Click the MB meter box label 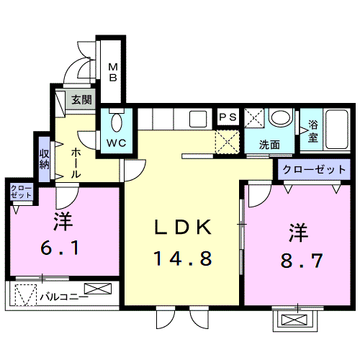point(113,72)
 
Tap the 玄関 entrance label point(82,99)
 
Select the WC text point(117,143)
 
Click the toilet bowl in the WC point(117,122)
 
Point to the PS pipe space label point(228,117)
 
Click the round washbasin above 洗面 point(281,117)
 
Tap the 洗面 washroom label point(269,145)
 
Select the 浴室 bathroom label point(313,131)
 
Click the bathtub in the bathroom point(337,130)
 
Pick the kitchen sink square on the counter point(198,119)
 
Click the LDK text point(183,228)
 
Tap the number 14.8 point(183,258)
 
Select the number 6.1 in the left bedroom point(60,248)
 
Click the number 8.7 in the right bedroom point(302,261)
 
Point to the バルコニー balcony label point(64,297)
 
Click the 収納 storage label point(45,159)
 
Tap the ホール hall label point(76,163)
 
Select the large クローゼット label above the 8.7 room point(314,170)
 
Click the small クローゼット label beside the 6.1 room point(21,192)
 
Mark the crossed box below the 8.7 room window point(294,320)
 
